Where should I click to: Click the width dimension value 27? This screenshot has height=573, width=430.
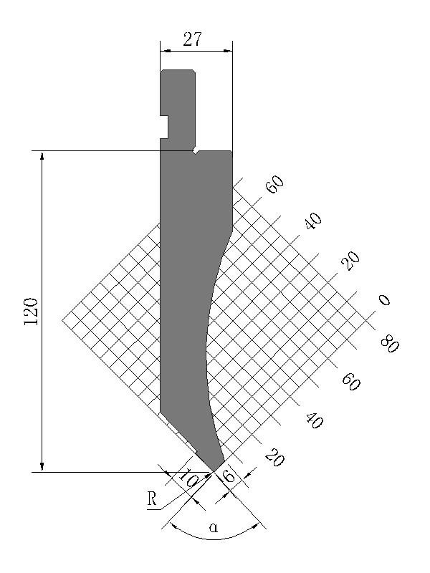point(192,39)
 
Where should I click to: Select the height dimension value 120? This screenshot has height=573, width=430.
point(31,312)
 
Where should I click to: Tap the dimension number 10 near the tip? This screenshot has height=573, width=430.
point(188,478)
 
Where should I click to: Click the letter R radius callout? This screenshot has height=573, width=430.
point(152,499)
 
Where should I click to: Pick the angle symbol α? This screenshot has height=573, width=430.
point(214,527)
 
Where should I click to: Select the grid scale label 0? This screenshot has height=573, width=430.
point(384,300)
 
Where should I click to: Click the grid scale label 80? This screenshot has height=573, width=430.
point(390,345)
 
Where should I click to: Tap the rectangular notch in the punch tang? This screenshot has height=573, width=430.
point(164,127)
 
